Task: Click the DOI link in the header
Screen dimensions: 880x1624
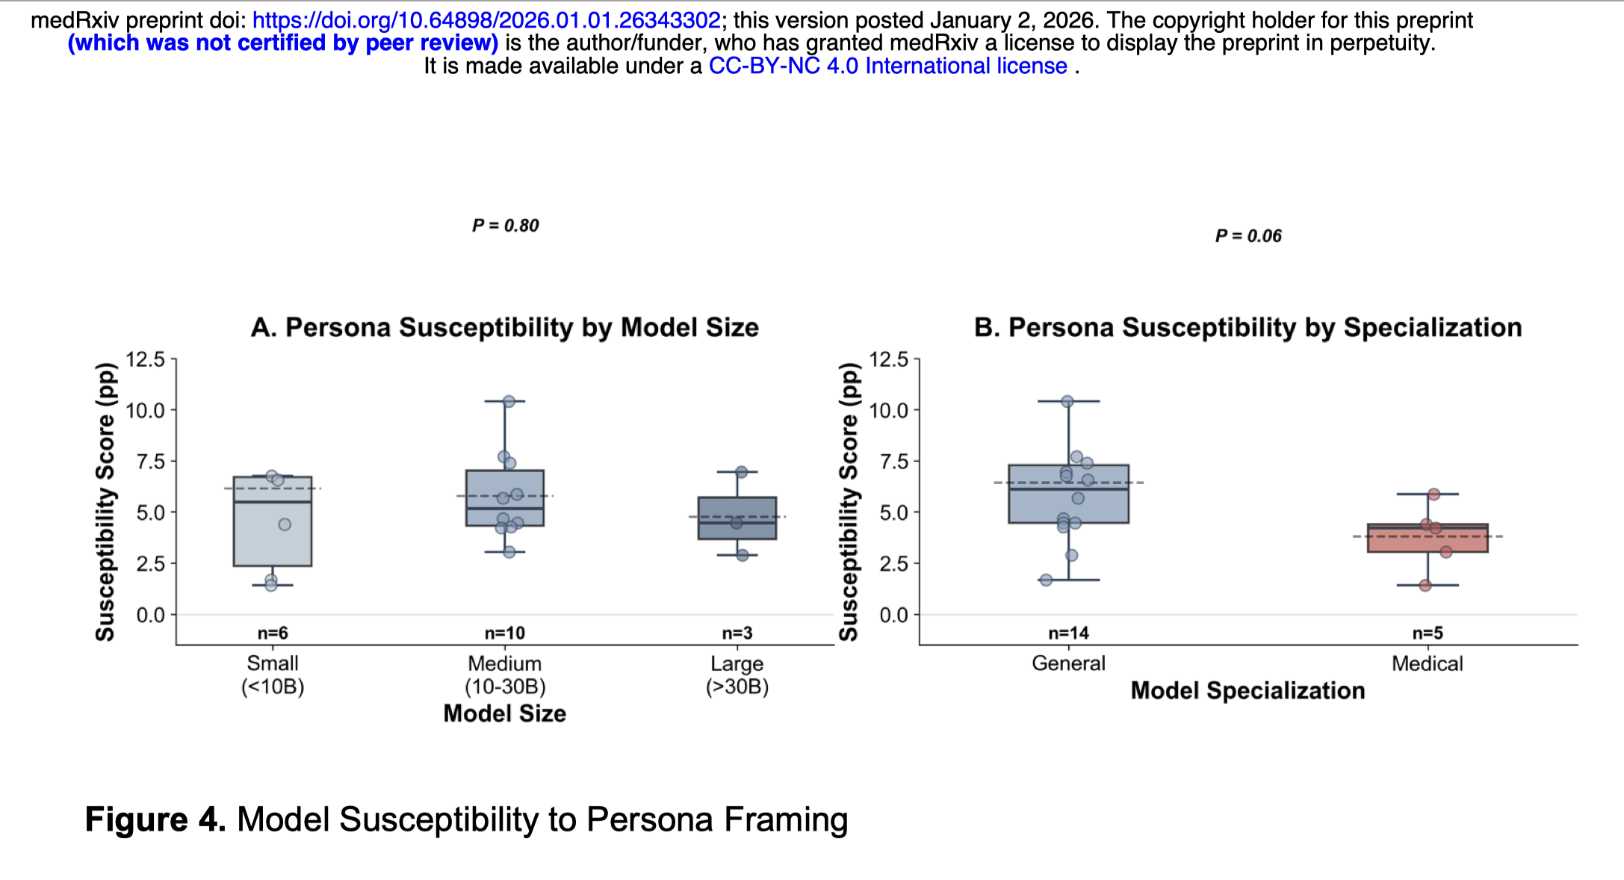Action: point(486,20)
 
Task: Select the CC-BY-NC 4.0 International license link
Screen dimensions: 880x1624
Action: point(887,66)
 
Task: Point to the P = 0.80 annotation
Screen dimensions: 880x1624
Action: point(505,226)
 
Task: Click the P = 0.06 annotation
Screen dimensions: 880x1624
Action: point(1248,236)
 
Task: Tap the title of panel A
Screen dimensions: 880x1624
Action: point(504,327)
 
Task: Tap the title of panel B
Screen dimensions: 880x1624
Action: point(1248,327)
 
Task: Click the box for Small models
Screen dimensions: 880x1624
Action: point(273,538)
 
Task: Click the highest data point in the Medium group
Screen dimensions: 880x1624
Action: point(509,401)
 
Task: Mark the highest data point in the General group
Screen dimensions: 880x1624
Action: point(1067,401)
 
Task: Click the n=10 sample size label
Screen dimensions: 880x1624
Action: point(505,633)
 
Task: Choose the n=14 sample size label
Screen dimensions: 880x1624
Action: point(1068,633)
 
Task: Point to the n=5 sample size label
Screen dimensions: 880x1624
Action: point(1428,633)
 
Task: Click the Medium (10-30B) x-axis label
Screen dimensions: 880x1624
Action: point(505,675)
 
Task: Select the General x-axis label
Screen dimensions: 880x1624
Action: point(1068,663)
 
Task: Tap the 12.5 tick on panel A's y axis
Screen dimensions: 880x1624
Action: point(145,359)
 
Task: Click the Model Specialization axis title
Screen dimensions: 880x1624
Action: point(1248,691)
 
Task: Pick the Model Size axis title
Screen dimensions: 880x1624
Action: point(505,714)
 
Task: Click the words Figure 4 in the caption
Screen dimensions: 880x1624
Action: point(155,819)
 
